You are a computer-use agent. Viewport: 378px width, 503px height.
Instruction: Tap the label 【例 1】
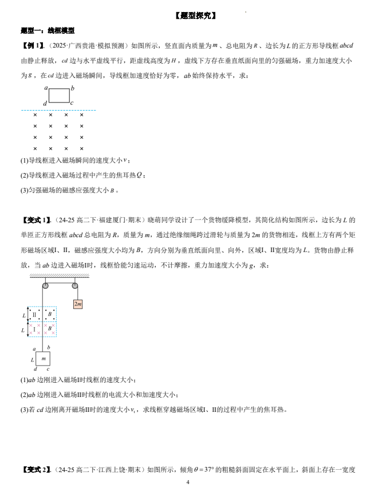click(x=32, y=46)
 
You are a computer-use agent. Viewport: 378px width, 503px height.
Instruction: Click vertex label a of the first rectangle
click(x=46, y=88)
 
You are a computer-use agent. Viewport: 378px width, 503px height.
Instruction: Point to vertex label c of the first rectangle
click(x=72, y=103)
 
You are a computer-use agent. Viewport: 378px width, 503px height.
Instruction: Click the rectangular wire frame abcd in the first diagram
click(x=59, y=95)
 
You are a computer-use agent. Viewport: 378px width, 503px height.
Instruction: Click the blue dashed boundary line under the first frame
click(x=58, y=110)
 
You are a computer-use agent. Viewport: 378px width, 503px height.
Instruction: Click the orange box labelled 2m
click(x=78, y=304)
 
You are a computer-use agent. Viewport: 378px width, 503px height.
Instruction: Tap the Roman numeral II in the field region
click(x=34, y=315)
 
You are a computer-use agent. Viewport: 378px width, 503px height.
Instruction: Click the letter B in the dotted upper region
click(x=50, y=314)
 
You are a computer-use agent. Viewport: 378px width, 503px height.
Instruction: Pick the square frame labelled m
click(x=43, y=359)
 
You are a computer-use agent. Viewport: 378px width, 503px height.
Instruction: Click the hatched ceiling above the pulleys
click(x=60, y=277)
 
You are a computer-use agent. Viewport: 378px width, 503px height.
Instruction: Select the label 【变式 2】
click(x=37, y=470)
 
